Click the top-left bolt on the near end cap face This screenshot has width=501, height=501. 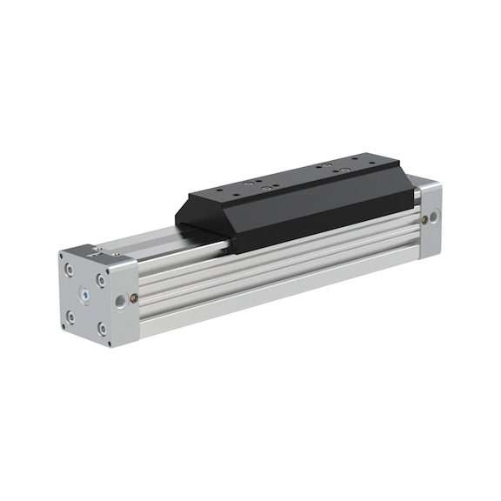(x=70, y=269)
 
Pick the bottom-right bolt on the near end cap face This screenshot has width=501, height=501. (x=104, y=329)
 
